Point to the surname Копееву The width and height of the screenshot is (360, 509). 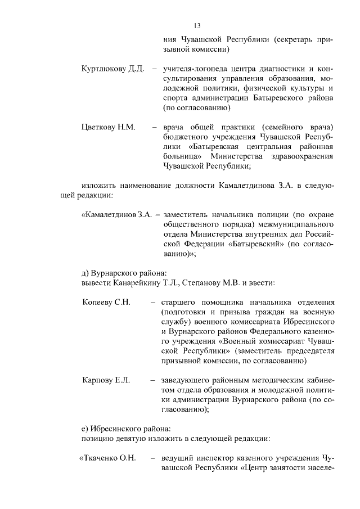coord(97,302)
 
